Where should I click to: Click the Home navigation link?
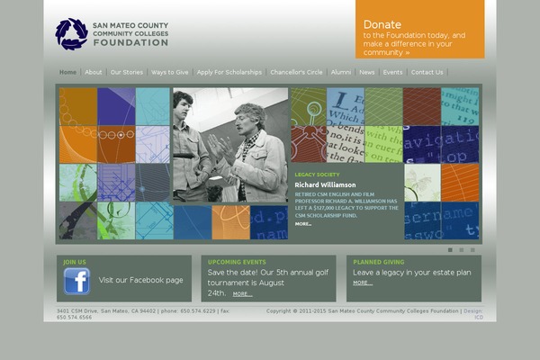click(68, 72)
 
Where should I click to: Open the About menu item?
click(94, 72)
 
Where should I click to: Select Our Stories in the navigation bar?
click(127, 72)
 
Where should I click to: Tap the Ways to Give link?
click(170, 72)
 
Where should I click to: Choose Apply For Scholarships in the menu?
click(229, 72)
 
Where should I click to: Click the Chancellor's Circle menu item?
click(296, 72)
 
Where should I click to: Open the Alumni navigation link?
click(341, 72)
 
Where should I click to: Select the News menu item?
click(367, 72)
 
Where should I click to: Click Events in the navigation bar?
click(393, 72)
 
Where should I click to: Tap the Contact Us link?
click(427, 72)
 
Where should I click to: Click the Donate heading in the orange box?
click(382, 24)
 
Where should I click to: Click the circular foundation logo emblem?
click(71, 33)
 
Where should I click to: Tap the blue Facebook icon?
click(76, 282)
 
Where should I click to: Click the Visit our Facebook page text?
click(140, 280)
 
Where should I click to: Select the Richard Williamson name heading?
click(325, 184)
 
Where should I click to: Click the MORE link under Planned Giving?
click(362, 283)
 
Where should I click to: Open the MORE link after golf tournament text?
click(242, 293)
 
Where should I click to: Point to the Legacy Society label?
click(317, 175)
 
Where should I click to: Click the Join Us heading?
click(75, 262)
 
